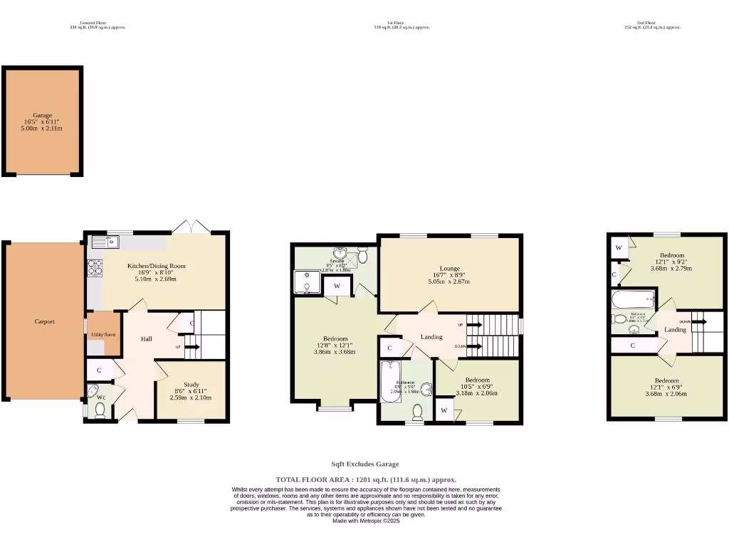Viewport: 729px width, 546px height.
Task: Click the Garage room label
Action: click(42, 115)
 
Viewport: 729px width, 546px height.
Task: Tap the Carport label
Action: click(44, 321)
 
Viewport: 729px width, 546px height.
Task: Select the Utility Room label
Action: click(103, 334)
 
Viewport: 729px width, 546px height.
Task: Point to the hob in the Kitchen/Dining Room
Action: click(94, 268)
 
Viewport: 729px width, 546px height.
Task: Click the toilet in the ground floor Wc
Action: click(100, 409)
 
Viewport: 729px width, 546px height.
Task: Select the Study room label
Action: click(191, 385)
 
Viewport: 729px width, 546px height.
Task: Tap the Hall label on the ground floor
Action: click(146, 339)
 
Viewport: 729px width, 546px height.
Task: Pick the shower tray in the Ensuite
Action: click(307, 282)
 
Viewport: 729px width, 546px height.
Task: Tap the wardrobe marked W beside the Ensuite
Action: click(336, 287)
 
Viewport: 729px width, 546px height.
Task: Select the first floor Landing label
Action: click(431, 337)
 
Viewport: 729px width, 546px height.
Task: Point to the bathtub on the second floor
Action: click(631, 299)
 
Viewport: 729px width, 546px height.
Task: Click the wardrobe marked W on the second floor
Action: click(619, 247)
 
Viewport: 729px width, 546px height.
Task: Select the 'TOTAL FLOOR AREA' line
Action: click(365, 480)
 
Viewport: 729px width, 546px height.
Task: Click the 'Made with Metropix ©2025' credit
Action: click(365, 520)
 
